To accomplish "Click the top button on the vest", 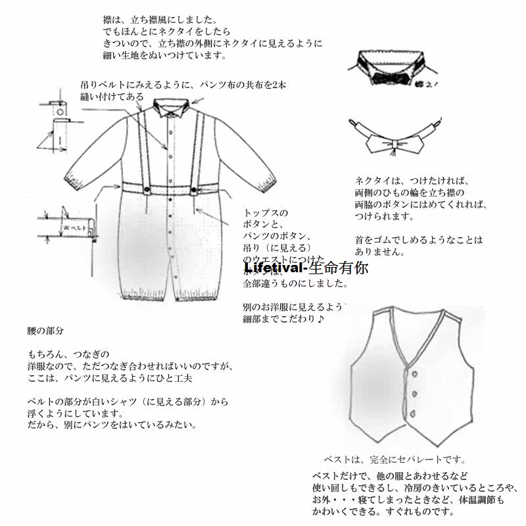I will click(x=414, y=374).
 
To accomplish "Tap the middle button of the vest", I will click(x=415, y=393).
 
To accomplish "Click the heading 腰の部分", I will click(x=45, y=329).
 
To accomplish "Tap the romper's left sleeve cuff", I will click(x=74, y=179).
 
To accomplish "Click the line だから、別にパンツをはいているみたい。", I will click(x=112, y=425).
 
